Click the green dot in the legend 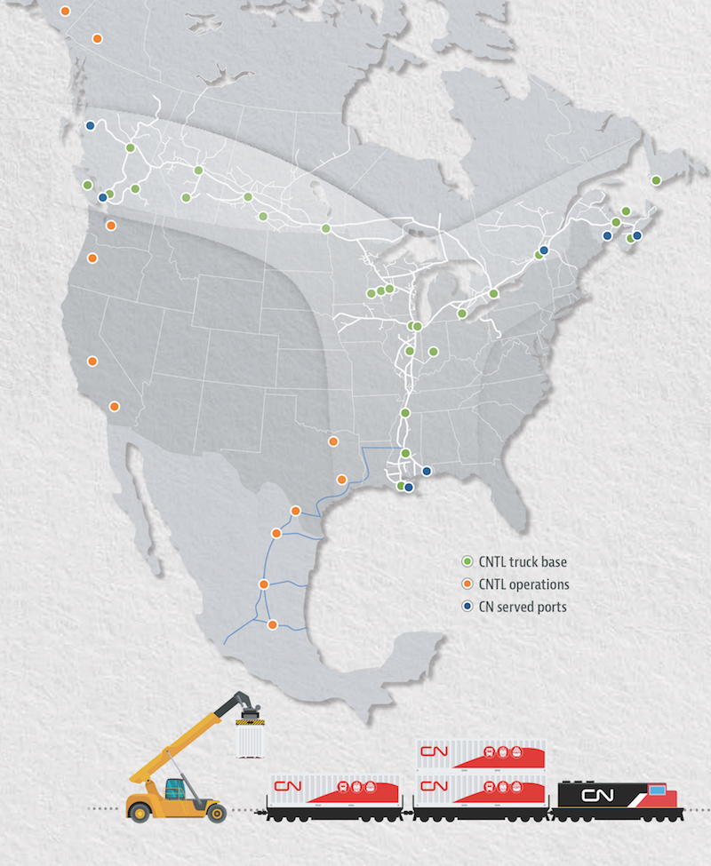[467, 561]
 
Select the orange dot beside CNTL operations [467, 584]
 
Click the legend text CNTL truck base [522, 561]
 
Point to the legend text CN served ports [522, 607]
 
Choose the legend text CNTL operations [523, 584]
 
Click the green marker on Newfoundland [656, 180]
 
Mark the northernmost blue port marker [90, 125]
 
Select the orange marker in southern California [113, 407]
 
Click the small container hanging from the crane [252, 741]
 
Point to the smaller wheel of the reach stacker [214, 810]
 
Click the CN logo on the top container [435, 753]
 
